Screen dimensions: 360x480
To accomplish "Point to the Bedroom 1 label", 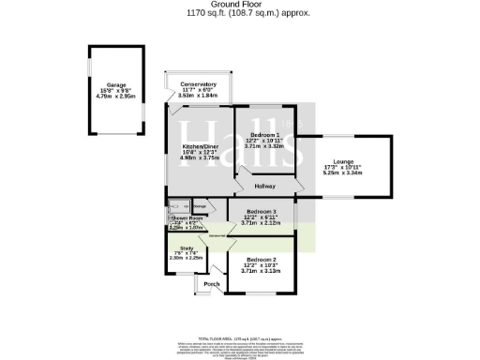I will [263, 136].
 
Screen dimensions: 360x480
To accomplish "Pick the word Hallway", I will [264, 187].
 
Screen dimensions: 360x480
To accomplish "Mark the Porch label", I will [211, 284].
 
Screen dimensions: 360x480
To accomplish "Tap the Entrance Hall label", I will [217, 236].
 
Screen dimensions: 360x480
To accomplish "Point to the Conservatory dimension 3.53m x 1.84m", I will [198, 95].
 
